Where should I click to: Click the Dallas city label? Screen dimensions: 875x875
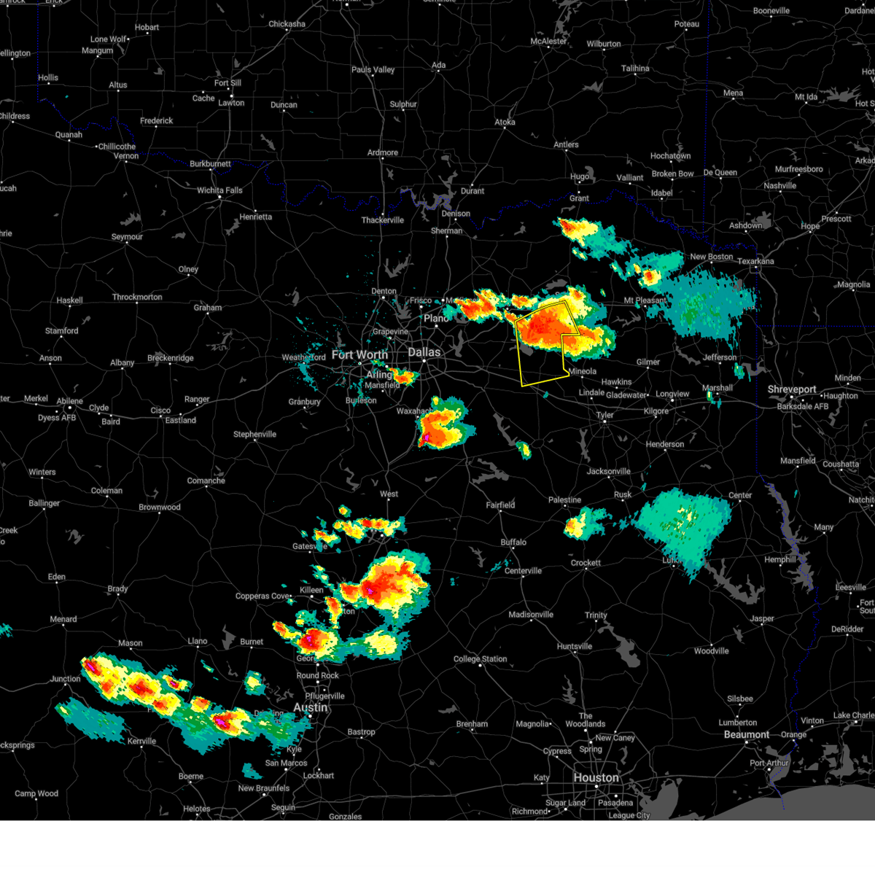pyautogui.click(x=424, y=352)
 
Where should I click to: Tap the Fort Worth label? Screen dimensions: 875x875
pyautogui.click(x=359, y=355)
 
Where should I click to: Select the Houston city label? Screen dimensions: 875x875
pyautogui.click(x=596, y=778)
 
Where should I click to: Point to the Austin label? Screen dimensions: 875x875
pyautogui.click(x=310, y=708)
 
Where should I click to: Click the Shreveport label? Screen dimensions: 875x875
pyautogui.click(x=791, y=389)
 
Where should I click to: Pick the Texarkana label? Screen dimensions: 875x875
pyautogui.click(x=755, y=261)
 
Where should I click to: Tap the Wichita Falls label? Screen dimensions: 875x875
pyautogui.click(x=219, y=190)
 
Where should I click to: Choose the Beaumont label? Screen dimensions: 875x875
pyautogui.click(x=746, y=734)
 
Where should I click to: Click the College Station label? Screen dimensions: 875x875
pyautogui.click(x=480, y=659)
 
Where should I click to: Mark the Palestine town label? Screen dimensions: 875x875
pyautogui.click(x=565, y=500)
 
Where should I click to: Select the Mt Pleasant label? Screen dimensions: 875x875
pyautogui.click(x=645, y=300)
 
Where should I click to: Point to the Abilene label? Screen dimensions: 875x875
pyautogui.click(x=70, y=401)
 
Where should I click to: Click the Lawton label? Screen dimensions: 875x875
pyautogui.click(x=231, y=103)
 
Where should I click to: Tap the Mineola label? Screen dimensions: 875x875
pyautogui.click(x=582, y=372)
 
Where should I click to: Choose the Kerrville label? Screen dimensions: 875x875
pyautogui.click(x=141, y=742)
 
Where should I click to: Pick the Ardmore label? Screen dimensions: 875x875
pyautogui.click(x=383, y=153)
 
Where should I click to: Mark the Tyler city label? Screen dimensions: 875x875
pyautogui.click(x=604, y=416)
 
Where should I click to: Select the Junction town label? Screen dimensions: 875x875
pyautogui.click(x=66, y=680)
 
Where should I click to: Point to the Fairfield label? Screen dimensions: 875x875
pyautogui.click(x=500, y=505)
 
